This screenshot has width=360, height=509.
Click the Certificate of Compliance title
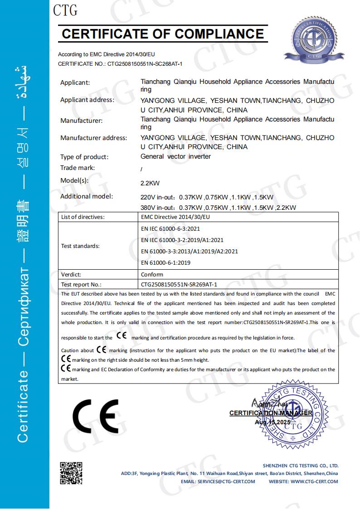pos(163,34)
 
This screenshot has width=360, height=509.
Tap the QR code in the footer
pos(71,473)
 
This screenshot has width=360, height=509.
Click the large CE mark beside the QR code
pos(96,416)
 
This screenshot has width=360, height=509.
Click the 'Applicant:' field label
pos(75,82)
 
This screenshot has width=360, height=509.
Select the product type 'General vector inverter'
pos(176,156)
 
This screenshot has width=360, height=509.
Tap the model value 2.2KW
pos(151,184)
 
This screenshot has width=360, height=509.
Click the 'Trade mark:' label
pos(78,168)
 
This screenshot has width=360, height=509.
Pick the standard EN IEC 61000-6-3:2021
pos(170,229)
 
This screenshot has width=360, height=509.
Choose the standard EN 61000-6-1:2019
pos(166,262)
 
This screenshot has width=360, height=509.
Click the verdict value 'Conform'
pos(152,274)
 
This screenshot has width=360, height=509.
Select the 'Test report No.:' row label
pos(81,285)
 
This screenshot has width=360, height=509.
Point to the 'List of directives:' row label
pos(83,217)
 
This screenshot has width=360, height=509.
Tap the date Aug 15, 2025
pos(272,422)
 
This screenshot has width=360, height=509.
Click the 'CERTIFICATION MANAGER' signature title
pos(271,413)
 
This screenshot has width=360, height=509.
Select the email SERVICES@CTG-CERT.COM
pos(218,481)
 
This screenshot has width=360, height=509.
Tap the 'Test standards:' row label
pos(80,246)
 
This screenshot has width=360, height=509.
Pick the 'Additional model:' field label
pos(87,196)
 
